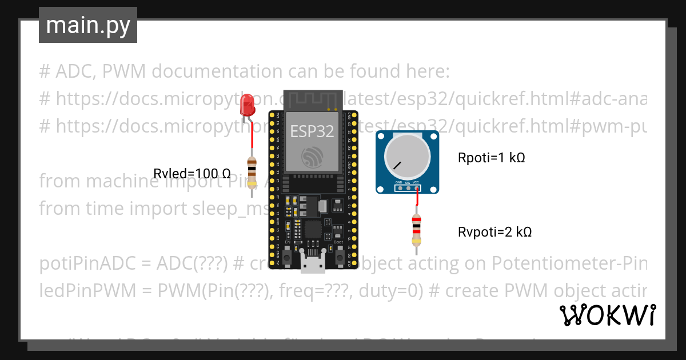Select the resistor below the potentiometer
[417, 230]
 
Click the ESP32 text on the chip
[312, 131]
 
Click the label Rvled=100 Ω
[192, 173]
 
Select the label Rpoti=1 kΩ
[491, 158]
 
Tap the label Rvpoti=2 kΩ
[494, 232]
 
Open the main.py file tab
[88, 25]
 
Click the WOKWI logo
[607, 315]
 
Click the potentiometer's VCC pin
[416, 187]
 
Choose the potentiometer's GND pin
[400, 187]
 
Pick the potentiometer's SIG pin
[408, 187]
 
